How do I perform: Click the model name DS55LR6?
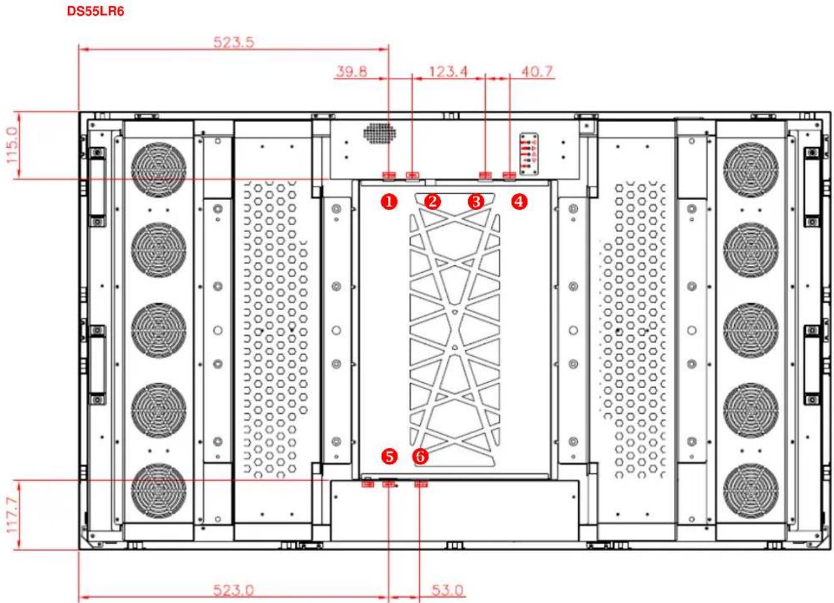click(96, 11)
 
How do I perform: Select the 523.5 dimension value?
click(234, 42)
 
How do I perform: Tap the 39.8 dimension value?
click(352, 71)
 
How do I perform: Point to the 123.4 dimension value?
click(448, 71)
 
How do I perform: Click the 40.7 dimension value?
click(537, 71)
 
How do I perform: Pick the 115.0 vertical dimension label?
click(13, 145)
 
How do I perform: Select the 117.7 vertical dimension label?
click(13, 515)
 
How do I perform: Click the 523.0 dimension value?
click(233, 590)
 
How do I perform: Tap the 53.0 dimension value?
click(447, 590)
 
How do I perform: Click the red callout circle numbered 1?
click(389, 202)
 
